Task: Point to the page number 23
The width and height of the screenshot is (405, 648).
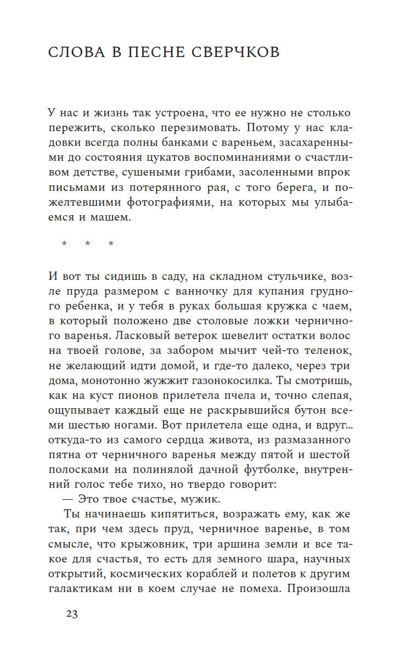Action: coord(71,614)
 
